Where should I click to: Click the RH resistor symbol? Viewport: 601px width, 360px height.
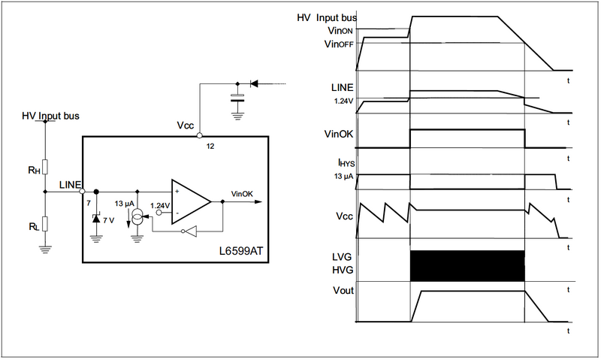coord(45,167)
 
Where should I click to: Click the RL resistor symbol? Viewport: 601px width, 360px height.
coord(45,224)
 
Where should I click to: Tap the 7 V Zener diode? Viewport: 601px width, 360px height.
coord(96,219)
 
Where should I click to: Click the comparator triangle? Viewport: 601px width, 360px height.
coord(191,201)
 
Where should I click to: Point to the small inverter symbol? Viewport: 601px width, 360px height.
coord(189,231)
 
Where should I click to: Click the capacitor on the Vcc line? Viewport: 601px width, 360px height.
coord(237,98)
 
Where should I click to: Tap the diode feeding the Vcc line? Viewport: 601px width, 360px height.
coord(254,83)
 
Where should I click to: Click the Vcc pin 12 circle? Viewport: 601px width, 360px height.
coord(199,135)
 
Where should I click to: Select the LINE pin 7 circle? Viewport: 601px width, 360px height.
coord(82,191)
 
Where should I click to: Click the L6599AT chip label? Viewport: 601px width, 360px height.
coord(241,251)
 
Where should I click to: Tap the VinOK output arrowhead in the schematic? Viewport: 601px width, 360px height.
coord(258,201)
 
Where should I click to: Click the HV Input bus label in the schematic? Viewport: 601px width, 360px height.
coord(50,116)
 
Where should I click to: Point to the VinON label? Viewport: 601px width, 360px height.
coord(340,31)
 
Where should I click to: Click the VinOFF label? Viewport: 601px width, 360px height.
coord(339,44)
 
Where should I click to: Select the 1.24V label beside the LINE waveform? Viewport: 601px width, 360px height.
coord(344,101)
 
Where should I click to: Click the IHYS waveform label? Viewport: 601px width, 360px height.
coord(346,162)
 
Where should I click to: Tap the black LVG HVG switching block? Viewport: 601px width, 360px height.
coord(467,266)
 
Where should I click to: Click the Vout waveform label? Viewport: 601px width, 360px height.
coord(343,291)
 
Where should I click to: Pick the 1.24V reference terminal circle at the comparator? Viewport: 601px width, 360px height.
coord(159,212)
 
